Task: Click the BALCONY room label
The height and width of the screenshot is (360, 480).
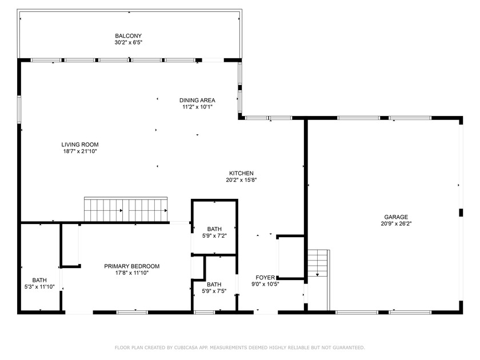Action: point(128,36)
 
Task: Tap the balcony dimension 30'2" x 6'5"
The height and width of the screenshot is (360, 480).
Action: point(129,42)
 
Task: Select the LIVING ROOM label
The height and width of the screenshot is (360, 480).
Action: point(80,145)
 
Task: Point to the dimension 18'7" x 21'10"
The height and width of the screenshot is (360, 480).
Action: point(80,151)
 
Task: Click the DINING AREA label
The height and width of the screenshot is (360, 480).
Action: point(197,100)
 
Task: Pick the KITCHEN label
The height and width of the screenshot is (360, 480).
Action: point(241,173)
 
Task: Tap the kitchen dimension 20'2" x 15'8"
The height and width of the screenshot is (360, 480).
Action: point(241,180)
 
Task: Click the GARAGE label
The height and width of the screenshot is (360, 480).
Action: point(396,217)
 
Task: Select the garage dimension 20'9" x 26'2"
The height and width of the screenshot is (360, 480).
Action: point(396,224)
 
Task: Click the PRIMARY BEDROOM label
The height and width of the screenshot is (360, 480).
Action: point(131,266)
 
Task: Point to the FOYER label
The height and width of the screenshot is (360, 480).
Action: point(265,278)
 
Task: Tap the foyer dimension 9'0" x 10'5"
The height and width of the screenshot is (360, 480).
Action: point(265,285)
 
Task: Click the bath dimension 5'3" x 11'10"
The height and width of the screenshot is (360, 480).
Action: point(39,287)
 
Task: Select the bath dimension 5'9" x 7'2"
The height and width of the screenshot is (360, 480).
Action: point(214,235)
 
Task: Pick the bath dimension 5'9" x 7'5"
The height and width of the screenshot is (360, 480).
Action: point(214,291)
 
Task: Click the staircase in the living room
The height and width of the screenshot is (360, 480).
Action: point(126,209)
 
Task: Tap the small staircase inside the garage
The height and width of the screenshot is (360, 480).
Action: point(318,263)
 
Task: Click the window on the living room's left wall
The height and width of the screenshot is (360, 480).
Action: point(19,109)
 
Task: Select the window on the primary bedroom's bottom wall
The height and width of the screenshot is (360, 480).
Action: point(132,313)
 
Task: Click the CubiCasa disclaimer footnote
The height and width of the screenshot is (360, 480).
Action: point(239,347)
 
